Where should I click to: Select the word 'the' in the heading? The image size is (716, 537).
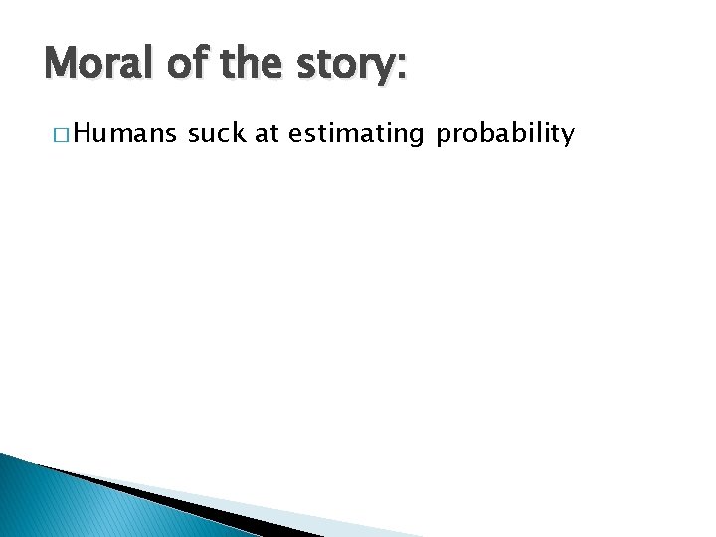pyautogui.click(x=251, y=66)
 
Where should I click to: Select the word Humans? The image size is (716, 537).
pyautogui.click(x=123, y=134)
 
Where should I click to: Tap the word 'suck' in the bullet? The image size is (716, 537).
pyautogui.click(x=217, y=134)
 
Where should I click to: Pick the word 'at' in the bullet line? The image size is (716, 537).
pyautogui.click(x=267, y=134)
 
